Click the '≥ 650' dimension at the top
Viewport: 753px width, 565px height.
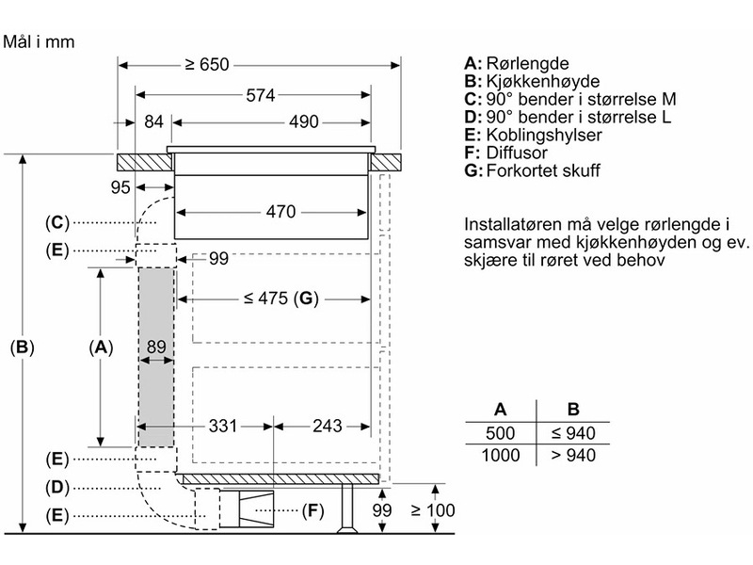[208, 65]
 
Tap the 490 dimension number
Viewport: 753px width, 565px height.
[303, 122]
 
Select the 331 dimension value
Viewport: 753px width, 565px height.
[223, 426]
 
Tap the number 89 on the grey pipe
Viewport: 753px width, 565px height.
[156, 347]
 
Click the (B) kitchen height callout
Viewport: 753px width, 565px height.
[22, 347]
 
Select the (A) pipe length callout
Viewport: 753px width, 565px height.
[101, 347]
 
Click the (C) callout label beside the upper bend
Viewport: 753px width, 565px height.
[57, 222]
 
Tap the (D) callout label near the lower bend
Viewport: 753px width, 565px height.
[57, 487]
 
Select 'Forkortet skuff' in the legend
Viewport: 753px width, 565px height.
[541, 171]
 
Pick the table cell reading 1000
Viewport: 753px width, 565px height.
[501, 453]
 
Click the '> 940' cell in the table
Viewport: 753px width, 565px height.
[572, 453]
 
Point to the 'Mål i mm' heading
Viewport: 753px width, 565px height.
[39, 42]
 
